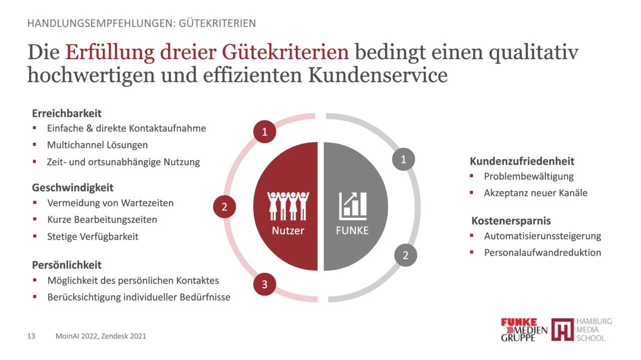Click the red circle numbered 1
[x=265, y=132]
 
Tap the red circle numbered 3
[x=265, y=285]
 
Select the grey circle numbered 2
[x=406, y=255]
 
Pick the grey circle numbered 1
[x=404, y=160]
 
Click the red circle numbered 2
[x=225, y=207]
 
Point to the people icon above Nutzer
[x=288, y=206]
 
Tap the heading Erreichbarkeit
[x=67, y=113]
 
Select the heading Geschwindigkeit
[x=73, y=188]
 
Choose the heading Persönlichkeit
[x=67, y=265]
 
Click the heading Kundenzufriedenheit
[x=522, y=161]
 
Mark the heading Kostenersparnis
[x=511, y=221]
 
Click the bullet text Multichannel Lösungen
[x=97, y=145]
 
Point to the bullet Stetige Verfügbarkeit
[x=93, y=236]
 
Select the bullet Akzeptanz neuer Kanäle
[x=535, y=193]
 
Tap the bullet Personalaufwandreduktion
[x=542, y=252]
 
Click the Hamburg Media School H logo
[x=562, y=330]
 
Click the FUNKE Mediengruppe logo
[x=524, y=330]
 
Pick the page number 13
[x=31, y=336]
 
